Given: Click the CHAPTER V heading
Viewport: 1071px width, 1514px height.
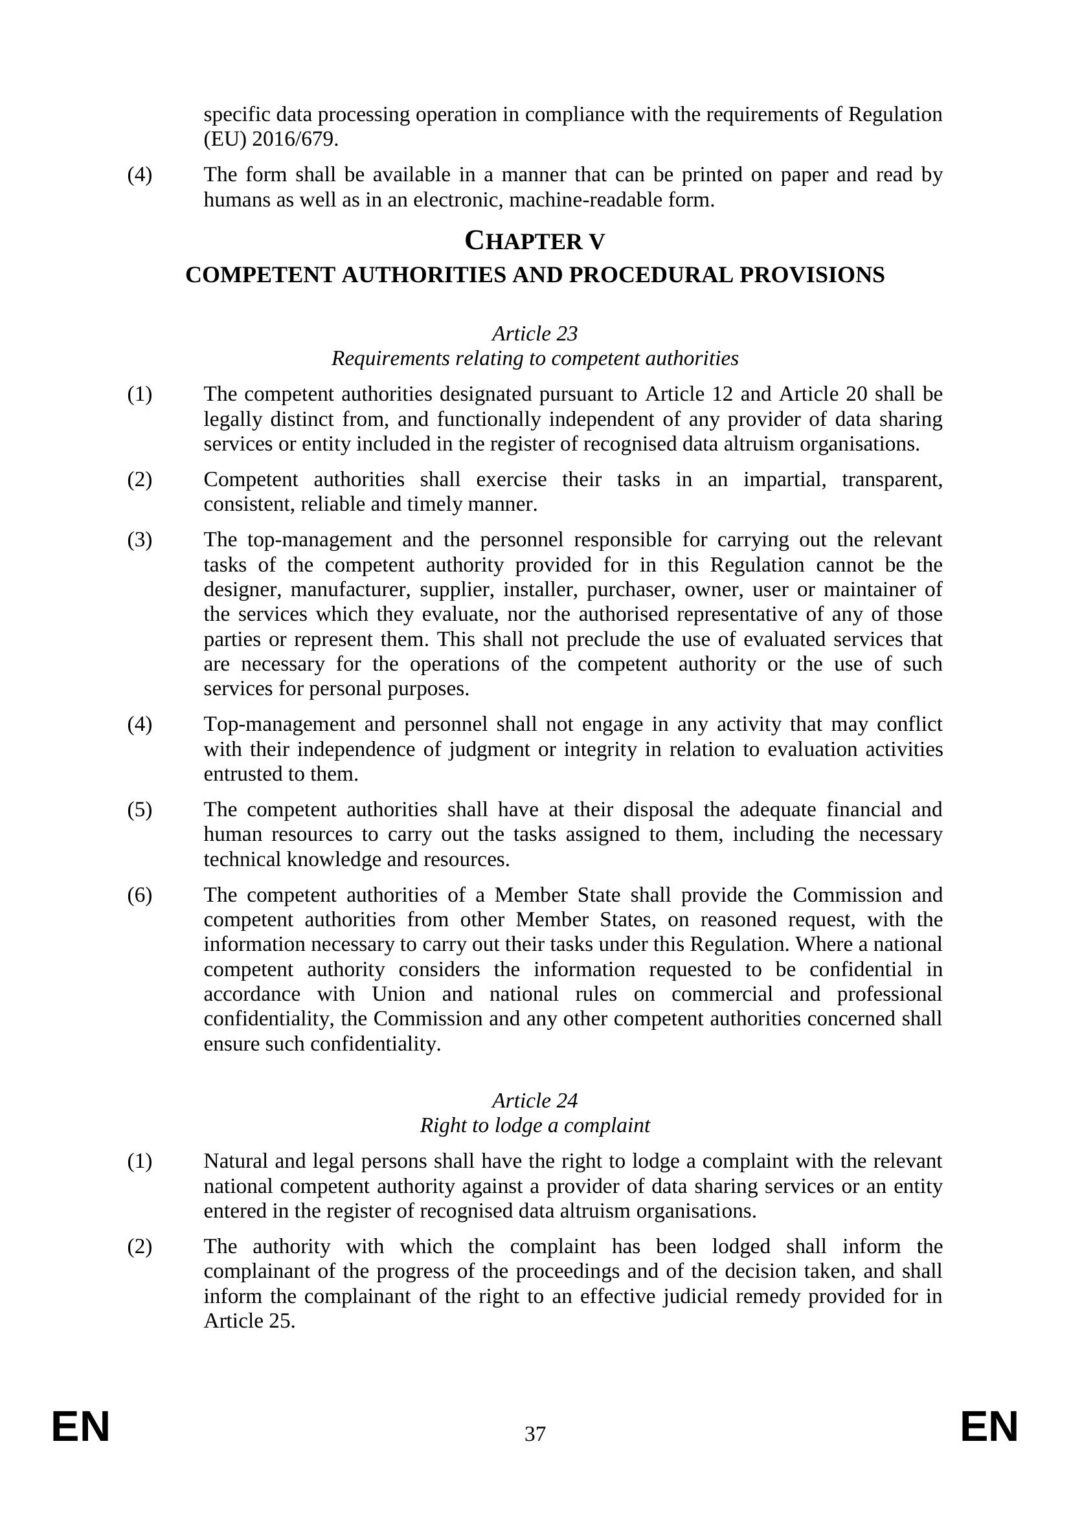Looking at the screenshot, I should [x=534, y=241].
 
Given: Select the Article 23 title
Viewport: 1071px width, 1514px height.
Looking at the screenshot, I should [x=535, y=333].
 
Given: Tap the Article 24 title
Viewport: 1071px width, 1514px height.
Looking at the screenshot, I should [x=535, y=1100].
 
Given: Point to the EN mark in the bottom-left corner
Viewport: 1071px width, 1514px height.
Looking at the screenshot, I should [x=80, y=1427].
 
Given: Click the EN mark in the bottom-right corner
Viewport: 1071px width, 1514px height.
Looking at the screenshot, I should [x=989, y=1427].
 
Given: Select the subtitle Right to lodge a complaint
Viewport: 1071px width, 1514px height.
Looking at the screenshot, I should [x=535, y=1125].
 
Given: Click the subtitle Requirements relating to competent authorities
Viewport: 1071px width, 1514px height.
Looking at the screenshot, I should [x=535, y=359].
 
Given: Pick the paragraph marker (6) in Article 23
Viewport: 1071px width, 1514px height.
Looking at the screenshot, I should [x=139, y=895].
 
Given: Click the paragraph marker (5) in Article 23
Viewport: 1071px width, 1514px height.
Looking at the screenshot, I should [x=139, y=809].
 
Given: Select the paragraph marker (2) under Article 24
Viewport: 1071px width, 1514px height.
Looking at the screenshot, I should [x=139, y=1246].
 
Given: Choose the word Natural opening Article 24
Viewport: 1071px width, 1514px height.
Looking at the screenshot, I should [x=236, y=1161].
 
